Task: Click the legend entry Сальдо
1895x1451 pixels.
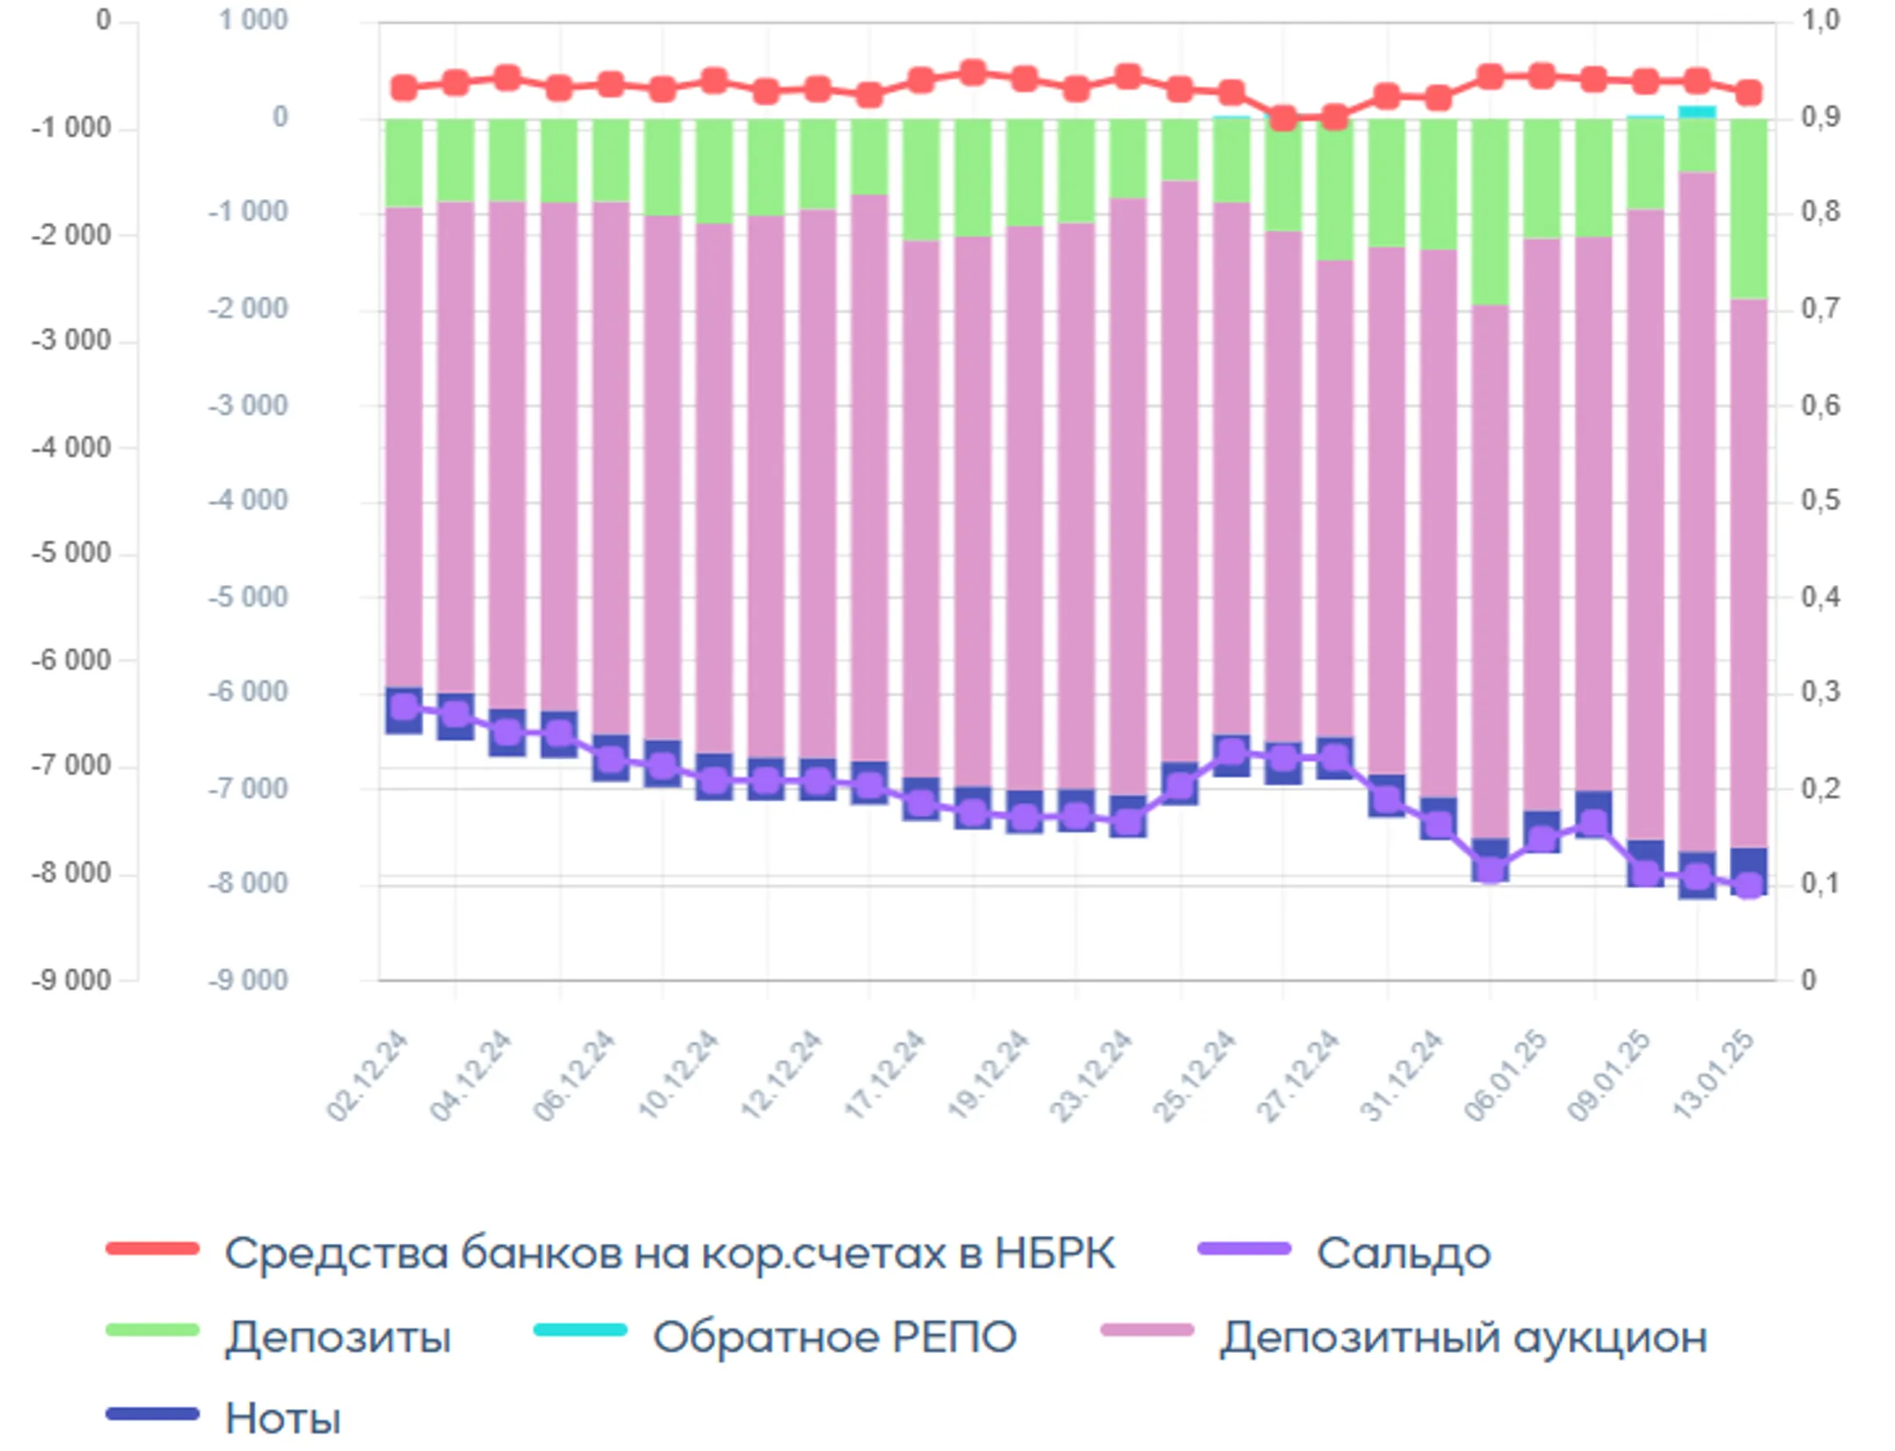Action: (1401, 1254)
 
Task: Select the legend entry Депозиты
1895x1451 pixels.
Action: (338, 1338)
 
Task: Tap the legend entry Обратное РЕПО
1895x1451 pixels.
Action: (833, 1338)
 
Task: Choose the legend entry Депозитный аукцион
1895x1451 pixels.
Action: (1462, 1338)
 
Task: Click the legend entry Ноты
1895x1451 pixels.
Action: (282, 1419)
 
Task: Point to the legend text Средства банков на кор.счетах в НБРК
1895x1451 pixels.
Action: (669, 1254)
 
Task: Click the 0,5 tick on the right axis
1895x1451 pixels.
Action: (1820, 500)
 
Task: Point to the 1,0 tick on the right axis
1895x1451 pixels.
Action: (1820, 19)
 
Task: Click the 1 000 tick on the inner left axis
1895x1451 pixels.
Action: (253, 19)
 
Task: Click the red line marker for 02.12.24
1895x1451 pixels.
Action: (404, 88)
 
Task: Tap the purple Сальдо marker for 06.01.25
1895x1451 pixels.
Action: (1490, 868)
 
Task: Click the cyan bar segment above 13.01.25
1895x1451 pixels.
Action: (1697, 111)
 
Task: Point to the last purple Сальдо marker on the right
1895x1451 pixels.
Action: (1749, 884)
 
